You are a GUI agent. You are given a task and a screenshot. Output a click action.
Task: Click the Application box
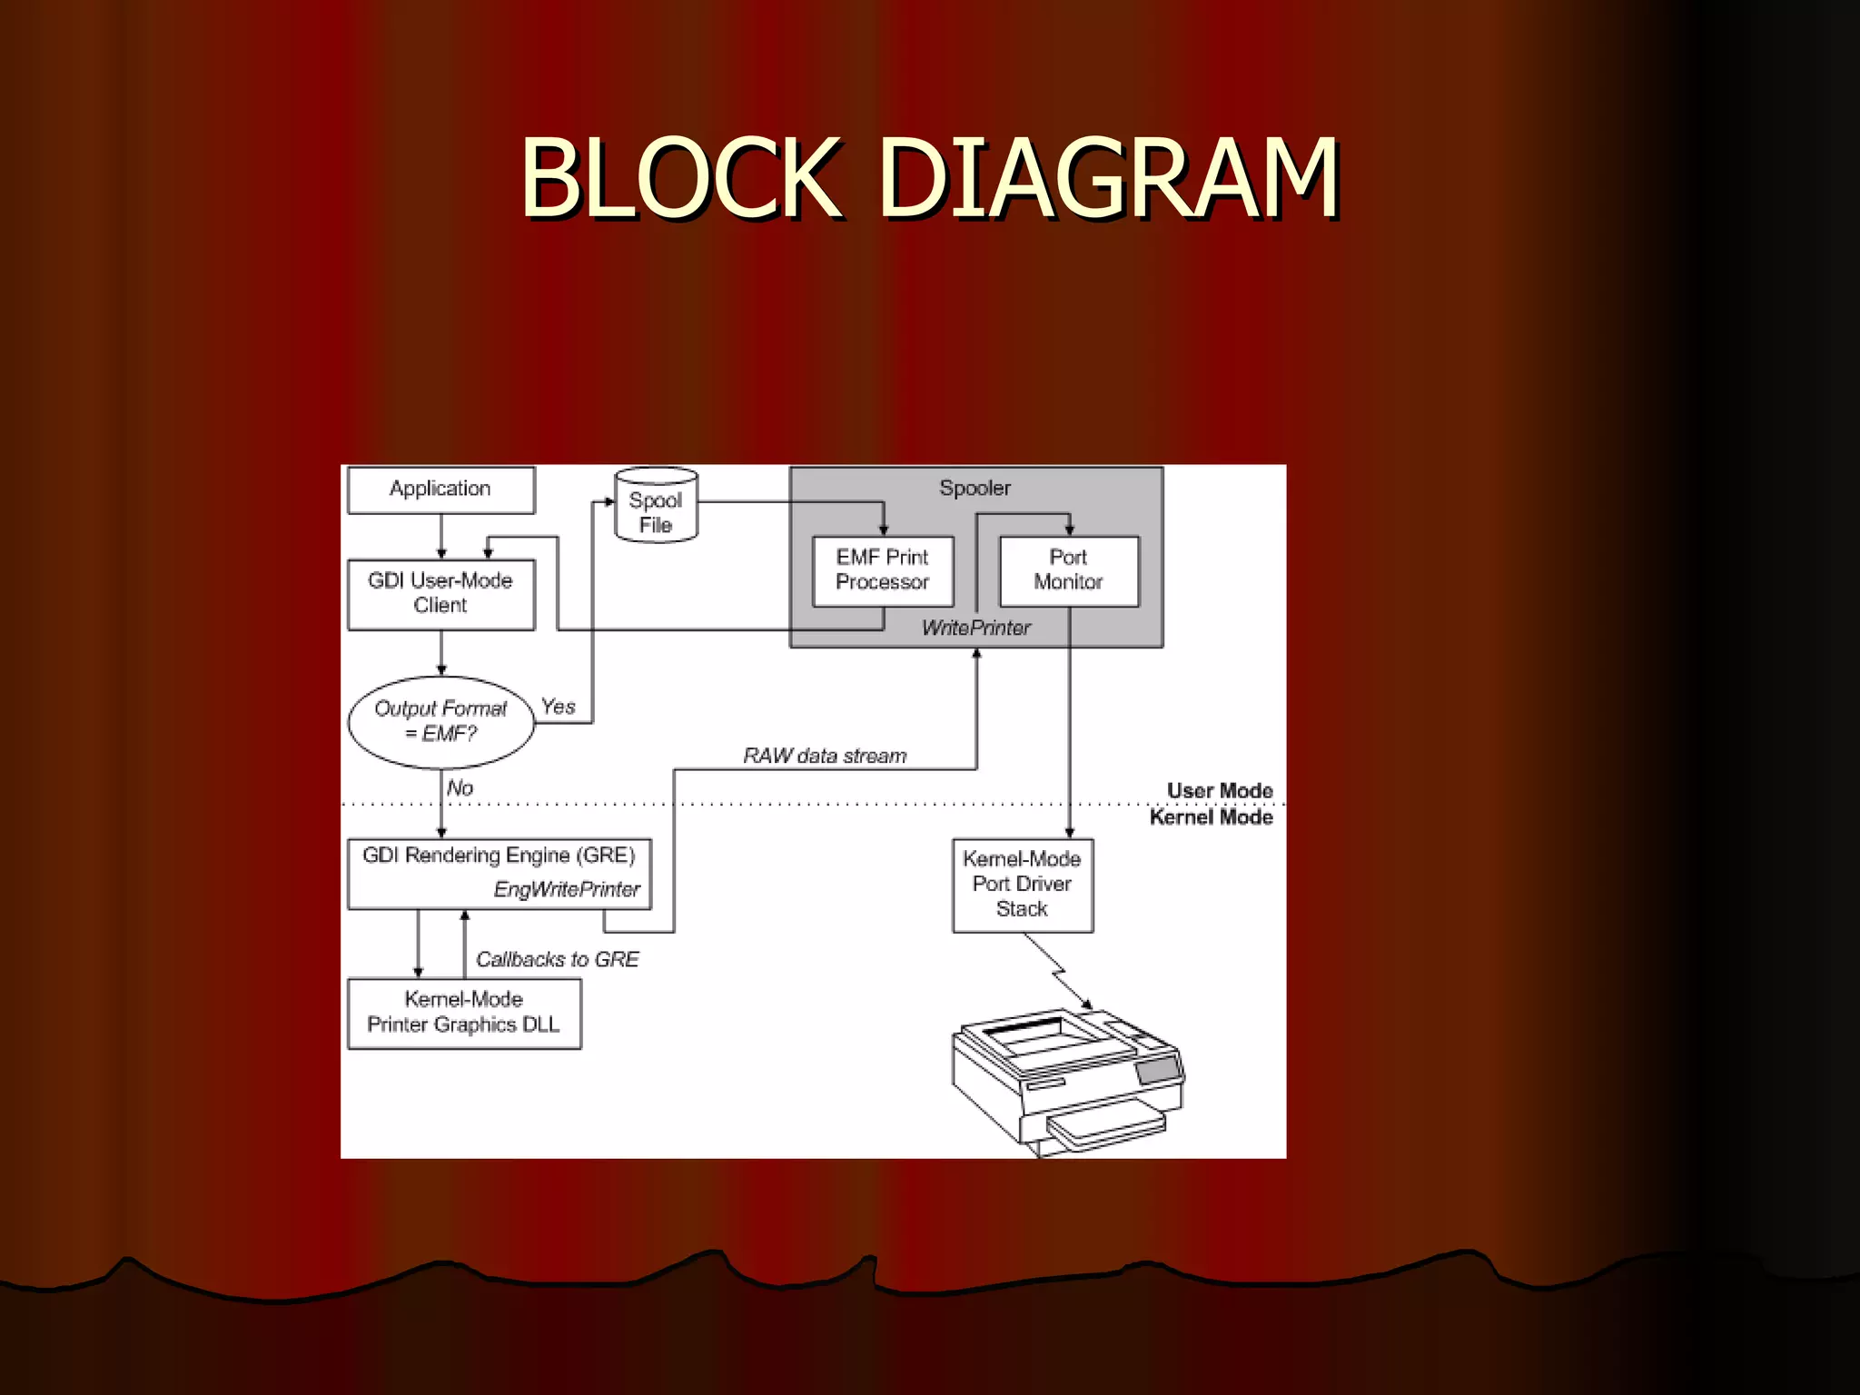click(440, 490)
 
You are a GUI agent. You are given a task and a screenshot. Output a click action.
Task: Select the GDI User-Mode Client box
click(440, 593)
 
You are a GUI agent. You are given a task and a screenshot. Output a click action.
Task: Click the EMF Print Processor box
click(882, 570)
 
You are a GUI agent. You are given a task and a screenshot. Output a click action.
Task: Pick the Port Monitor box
click(1068, 570)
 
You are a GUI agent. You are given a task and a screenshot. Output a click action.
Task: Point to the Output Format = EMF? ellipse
click(440, 721)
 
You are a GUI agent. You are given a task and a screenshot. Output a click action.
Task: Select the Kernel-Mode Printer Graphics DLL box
click(463, 1013)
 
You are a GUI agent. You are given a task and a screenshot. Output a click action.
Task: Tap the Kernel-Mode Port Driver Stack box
click(1022, 884)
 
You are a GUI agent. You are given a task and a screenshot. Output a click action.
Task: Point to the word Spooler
click(975, 489)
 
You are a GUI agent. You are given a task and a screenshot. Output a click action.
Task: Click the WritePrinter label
click(976, 628)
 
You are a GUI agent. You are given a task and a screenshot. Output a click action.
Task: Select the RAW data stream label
click(825, 756)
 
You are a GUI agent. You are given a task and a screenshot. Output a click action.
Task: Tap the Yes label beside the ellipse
click(559, 707)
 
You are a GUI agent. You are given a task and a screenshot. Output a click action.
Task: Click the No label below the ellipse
click(460, 788)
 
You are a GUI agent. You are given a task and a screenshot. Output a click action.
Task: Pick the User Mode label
click(1220, 790)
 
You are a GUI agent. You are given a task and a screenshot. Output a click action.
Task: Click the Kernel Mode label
click(1211, 817)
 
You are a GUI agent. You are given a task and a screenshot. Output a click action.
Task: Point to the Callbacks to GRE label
click(557, 960)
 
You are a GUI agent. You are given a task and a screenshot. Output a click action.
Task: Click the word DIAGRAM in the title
click(1109, 179)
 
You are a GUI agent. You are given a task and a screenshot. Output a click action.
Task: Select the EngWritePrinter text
click(567, 890)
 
